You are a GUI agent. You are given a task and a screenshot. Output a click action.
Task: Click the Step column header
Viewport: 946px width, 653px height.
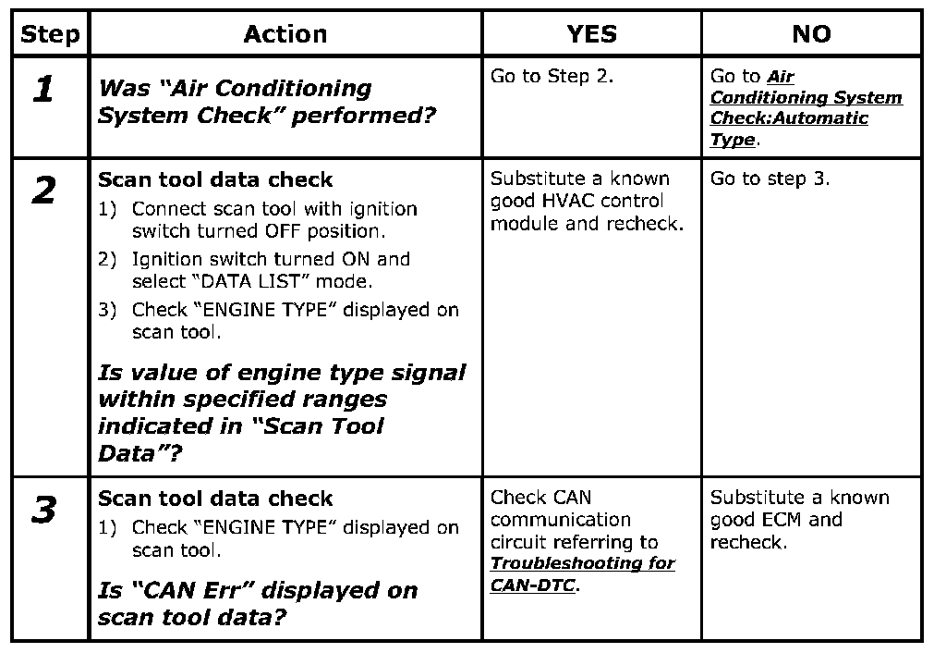click(x=50, y=35)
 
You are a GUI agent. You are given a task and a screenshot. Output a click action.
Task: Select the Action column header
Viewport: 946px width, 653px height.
click(x=285, y=35)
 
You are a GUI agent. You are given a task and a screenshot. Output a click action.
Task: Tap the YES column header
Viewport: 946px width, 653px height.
click(x=591, y=35)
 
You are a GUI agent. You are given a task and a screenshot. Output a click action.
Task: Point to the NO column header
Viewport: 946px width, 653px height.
click(x=811, y=35)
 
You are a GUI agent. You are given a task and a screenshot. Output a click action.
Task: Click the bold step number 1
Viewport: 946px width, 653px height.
click(x=42, y=89)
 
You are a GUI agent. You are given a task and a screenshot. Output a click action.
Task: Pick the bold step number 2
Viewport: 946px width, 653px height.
click(x=42, y=191)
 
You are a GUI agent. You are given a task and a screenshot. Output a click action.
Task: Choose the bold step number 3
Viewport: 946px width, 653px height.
click(x=42, y=511)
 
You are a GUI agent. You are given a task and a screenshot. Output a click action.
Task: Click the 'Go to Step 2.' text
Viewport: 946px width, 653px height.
click(x=552, y=77)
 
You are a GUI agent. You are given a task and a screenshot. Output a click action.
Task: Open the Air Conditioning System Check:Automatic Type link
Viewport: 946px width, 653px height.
click(x=806, y=108)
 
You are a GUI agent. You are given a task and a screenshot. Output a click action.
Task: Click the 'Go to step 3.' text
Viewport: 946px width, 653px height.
click(x=770, y=179)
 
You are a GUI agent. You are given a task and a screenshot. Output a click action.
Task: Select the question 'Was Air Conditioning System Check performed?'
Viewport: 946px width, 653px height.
click(x=267, y=102)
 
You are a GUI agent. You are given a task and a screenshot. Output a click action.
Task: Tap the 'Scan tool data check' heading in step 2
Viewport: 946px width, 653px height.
click(x=215, y=179)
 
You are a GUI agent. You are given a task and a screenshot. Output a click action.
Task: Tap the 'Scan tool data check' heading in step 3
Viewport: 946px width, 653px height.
click(x=215, y=499)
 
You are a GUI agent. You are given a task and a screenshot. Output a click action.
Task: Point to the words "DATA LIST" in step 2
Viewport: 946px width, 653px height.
click(x=267, y=281)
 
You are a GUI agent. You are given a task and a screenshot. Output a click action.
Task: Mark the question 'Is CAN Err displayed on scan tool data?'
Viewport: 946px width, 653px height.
click(x=258, y=603)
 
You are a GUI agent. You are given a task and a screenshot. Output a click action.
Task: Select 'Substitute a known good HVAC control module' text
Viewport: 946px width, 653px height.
click(x=587, y=201)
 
